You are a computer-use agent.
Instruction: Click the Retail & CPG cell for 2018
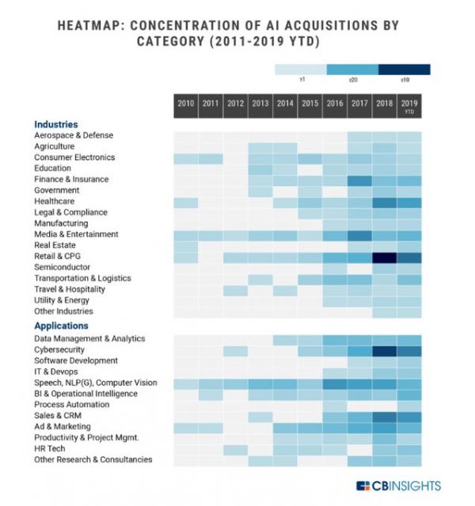[x=385, y=257]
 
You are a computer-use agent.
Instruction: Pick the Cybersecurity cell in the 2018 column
[x=385, y=350]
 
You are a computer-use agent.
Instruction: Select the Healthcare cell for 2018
[x=385, y=202]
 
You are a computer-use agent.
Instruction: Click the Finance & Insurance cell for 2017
[x=359, y=180]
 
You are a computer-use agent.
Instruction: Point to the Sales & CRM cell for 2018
[x=385, y=416]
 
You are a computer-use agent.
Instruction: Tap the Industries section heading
[x=55, y=125]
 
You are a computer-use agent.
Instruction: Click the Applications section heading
[x=61, y=326]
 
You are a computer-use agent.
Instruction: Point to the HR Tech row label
[x=53, y=448]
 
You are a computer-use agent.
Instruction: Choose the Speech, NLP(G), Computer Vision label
[x=96, y=383]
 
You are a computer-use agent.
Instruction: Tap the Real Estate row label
[x=56, y=246]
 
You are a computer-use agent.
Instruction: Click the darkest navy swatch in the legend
[x=404, y=70]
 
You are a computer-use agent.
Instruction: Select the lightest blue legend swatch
[x=301, y=70]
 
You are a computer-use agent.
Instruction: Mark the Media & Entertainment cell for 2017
[x=359, y=235]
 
